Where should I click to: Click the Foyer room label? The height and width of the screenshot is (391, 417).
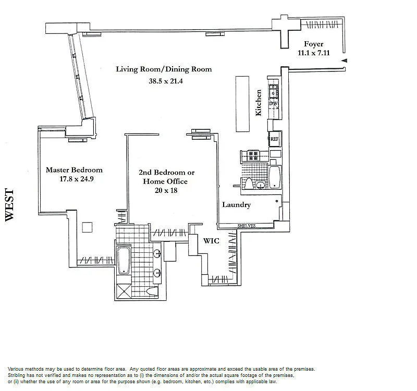click(x=314, y=44)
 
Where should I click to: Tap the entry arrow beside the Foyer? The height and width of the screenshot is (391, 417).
click(x=344, y=60)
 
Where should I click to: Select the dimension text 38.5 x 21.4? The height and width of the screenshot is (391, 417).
click(x=166, y=81)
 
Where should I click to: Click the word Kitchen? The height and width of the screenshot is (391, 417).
click(x=259, y=103)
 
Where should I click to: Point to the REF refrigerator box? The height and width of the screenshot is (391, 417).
click(x=275, y=139)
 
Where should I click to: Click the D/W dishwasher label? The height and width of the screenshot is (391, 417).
click(x=273, y=103)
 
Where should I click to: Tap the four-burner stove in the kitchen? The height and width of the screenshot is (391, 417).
click(x=253, y=155)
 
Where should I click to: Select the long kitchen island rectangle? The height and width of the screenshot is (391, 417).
click(x=242, y=104)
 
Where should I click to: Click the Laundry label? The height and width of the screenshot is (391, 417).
click(x=237, y=205)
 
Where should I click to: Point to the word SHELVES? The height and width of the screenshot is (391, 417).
click(x=247, y=226)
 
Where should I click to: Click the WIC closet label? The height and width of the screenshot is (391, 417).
click(x=211, y=241)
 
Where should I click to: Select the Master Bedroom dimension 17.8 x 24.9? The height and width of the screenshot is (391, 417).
click(x=77, y=179)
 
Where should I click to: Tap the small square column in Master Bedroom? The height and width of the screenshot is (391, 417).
click(x=87, y=227)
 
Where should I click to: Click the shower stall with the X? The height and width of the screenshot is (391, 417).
click(x=124, y=291)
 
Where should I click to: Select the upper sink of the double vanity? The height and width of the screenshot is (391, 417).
click(x=157, y=253)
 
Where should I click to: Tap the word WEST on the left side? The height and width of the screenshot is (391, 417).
click(x=9, y=205)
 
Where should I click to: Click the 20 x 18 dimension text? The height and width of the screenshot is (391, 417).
click(x=166, y=190)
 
